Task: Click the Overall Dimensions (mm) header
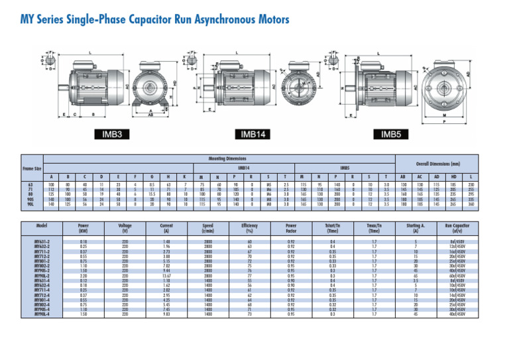pos(438,163)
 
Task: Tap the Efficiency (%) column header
pos(250,229)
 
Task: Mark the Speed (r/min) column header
pos(208,229)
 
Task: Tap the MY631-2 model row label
pos(41,242)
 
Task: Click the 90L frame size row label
pos(32,205)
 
